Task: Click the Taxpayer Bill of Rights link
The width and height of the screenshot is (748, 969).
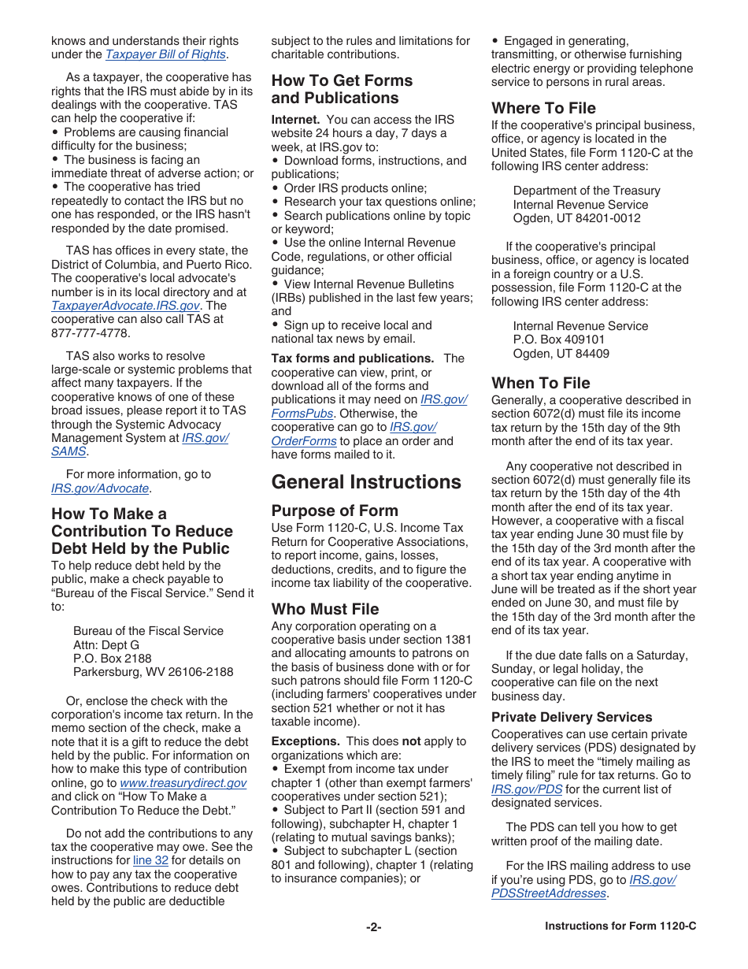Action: tap(166, 54)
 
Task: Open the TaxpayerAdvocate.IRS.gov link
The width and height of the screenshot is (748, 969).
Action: tap(125, 306)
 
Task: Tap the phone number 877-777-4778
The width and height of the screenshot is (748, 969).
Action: tap(90, 333)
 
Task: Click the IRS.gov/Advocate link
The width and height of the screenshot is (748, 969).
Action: tap(100, 488)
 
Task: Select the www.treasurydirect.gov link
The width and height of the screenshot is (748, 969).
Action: tap(183, 783)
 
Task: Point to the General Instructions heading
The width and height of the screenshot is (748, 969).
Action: tap(366, 482)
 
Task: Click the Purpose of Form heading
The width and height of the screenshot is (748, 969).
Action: tap(335, 510)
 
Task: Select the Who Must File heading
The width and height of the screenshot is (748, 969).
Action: tap(325, 609)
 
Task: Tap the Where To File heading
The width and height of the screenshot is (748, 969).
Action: tap(543, 108)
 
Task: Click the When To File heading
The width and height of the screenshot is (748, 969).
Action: tap(540, 383)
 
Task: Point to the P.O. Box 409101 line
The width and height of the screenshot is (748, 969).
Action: tap(559, 340)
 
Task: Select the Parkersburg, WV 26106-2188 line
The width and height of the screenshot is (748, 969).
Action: tap(153, 672)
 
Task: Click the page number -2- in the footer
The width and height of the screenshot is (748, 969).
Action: tap(373, 927)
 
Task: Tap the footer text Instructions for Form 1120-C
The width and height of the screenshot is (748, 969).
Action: tap(620, 926)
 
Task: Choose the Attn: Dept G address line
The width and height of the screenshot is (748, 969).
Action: tap(106, 644)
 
